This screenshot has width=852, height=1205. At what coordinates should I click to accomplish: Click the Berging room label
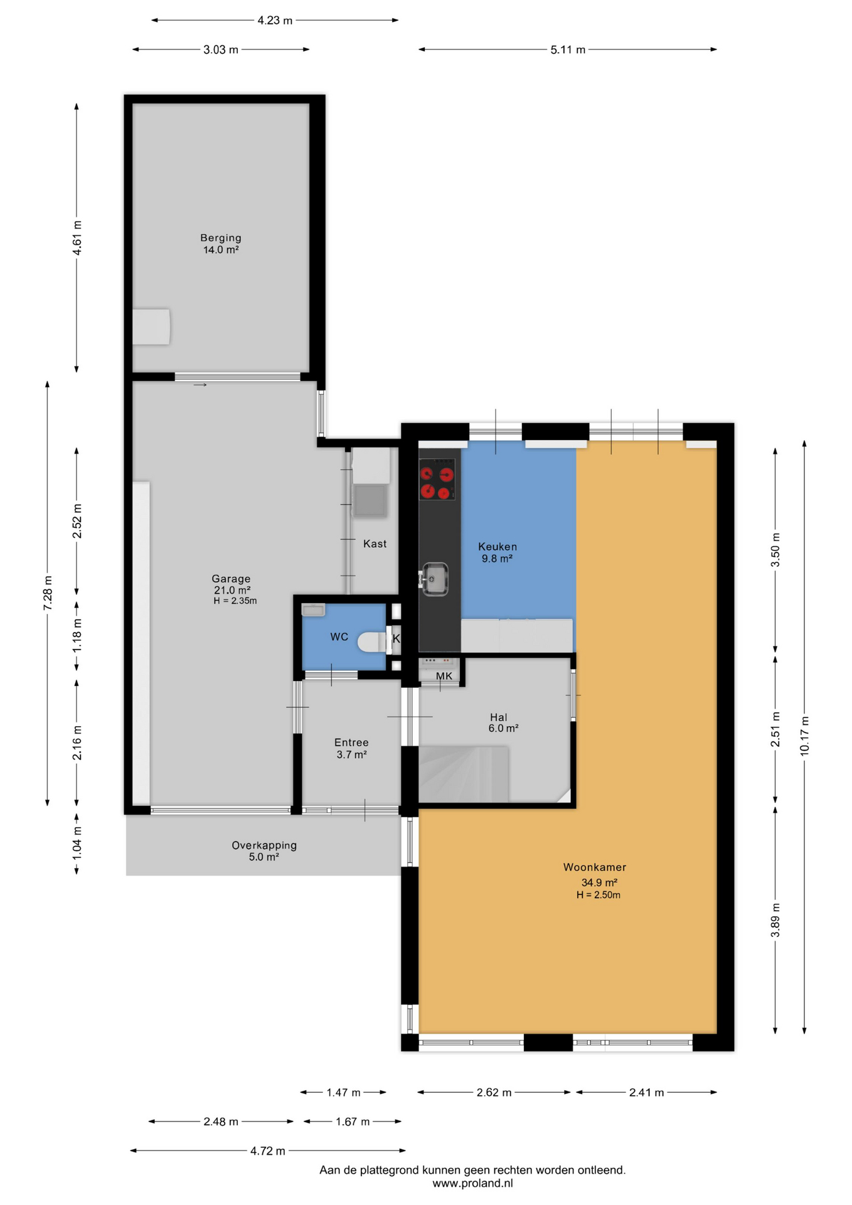(221, 238)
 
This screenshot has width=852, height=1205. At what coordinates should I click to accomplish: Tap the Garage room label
(231, 579)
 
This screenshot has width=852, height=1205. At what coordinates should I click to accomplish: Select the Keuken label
(498, 547)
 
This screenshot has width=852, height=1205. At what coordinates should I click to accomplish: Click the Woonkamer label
(595, 867)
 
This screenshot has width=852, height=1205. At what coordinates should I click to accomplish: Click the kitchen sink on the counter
(434, 579)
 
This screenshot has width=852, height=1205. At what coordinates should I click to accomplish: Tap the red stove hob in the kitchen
(437, 479)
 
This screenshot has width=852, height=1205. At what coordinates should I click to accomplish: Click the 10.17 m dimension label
(804, 736)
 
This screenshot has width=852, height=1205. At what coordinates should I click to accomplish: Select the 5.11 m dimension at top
(568, 50)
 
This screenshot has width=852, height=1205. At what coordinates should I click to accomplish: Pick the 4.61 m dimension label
(77, 238)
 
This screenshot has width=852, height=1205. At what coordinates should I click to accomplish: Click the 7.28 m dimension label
(48, 592)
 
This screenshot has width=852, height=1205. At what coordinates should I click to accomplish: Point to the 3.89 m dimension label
(775, 920)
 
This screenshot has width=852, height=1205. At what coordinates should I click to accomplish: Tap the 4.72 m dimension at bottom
(268, 1150)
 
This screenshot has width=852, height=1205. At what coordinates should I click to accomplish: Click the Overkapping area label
(264, 845)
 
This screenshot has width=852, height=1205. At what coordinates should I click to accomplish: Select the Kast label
(375, 544)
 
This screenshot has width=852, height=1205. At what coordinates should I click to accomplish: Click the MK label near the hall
(444, 676)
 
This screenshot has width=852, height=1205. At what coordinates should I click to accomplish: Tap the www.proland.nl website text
(472, 1183)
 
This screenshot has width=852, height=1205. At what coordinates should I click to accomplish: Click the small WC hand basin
(313, 609)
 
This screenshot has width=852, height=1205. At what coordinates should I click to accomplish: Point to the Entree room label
(351, 742)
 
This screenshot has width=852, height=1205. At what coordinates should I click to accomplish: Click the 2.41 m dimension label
(646, 1093)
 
